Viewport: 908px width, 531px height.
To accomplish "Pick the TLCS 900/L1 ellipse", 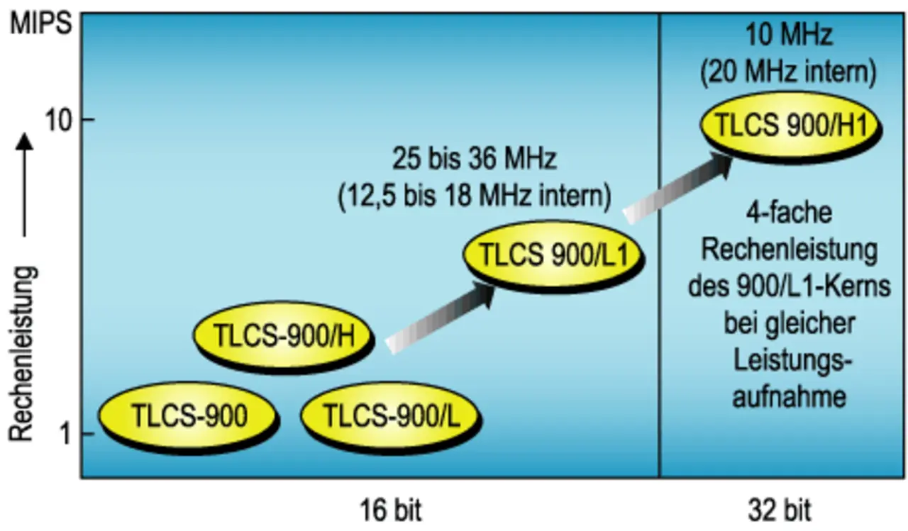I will click(x=554, y=256).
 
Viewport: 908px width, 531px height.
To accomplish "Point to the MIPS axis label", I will click(x=41, y=25).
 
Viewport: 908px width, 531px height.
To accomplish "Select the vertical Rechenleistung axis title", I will click(x=23, y=354).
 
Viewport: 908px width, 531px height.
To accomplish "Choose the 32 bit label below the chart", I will click(x=780, y=510).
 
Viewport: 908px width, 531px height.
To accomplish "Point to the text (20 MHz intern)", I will click(x=788, y=72).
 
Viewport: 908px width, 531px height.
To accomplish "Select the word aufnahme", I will click(x=789, y=396).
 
